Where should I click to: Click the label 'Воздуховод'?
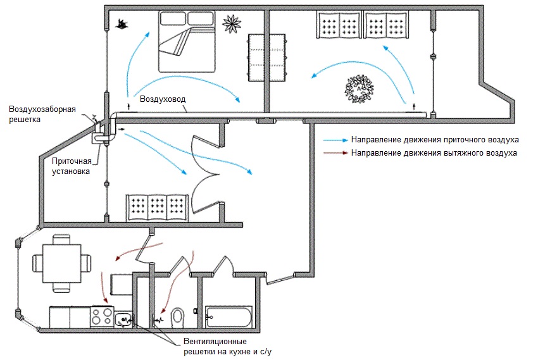[x=162, y=101]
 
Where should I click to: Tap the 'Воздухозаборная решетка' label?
[x=42, y=114]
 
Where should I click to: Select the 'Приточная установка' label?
[x=71, y=166]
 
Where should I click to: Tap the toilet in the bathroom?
[x=178, y=315]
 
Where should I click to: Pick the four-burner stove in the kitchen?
[x=102, y=316]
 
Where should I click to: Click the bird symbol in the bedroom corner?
[x=122, y=24]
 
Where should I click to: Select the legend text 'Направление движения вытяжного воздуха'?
[x=435, y=153]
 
